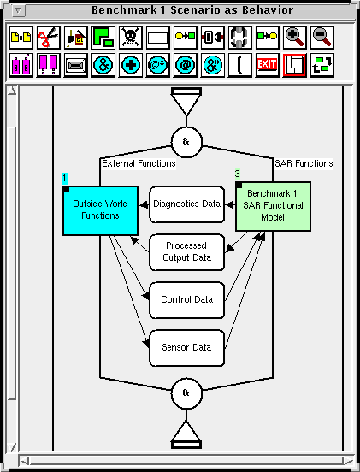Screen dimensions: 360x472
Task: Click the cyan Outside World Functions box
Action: click(x=100, y=210)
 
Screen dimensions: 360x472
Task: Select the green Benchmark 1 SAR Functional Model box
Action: click(x=273, y=206)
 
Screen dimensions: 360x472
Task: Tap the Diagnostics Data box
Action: click(x=186, y=204)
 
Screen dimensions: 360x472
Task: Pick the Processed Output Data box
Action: click(x=186, y=252)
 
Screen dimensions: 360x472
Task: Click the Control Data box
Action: click(x=186, y=300)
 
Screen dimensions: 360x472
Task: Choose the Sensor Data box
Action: click(x=186, y=348)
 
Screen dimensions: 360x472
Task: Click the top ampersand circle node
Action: click(x=186, y=142)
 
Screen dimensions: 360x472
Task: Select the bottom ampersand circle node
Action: click(x=186, y=393)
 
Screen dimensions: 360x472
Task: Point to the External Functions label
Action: click(x=139, y=164)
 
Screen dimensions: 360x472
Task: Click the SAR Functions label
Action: click(x=304, y=164)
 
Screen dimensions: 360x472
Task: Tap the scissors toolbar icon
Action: click(x=49, y=38)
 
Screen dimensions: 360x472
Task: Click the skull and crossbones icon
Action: click(x=130, y=38)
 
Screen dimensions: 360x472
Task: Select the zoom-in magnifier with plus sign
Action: click(x=294, y=38)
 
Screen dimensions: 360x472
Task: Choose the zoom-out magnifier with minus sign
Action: click(x=322, y=38)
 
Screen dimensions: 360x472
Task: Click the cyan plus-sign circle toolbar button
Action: click(x=130, y=65)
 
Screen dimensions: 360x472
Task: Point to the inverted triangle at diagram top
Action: click(x=186, y=101)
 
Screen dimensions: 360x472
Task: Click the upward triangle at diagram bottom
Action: click(x=186, y=434)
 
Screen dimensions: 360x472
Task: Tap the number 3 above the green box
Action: click(x=238, y=174)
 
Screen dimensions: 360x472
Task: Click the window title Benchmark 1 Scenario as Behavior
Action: click(x=192, y=10)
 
